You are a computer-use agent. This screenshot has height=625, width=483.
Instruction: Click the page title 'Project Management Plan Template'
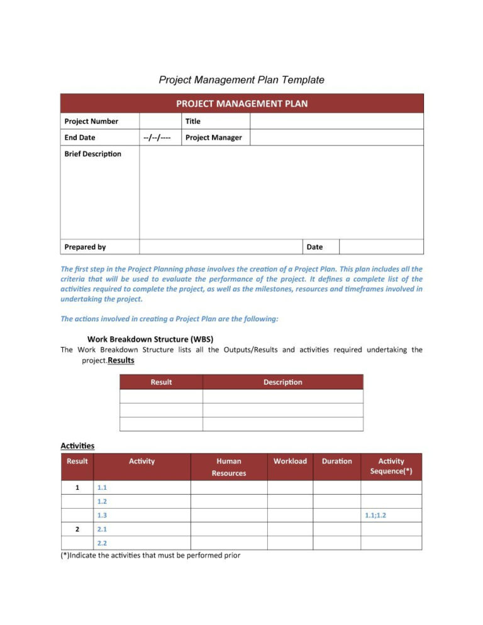point(241,80)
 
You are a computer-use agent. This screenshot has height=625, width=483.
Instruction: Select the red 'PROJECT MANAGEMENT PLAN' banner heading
point(241,103)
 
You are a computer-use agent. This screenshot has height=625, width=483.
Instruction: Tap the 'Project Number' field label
point(91,121)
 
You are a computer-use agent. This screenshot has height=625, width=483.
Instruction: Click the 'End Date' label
point(80,138)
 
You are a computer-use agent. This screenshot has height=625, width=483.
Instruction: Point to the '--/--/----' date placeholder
point(157,138)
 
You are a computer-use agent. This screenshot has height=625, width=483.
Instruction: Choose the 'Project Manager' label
point(213,138)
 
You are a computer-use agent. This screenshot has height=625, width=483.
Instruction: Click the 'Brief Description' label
point(92,154)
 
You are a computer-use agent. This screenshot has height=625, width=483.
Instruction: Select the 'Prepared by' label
point(85,247)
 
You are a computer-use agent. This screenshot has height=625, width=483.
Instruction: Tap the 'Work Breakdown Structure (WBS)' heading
point(154,338)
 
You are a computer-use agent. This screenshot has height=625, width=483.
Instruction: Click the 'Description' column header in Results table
point(282,382)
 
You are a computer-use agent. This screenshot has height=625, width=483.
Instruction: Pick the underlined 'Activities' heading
point(77,446)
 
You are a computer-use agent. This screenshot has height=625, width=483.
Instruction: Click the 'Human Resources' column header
point(229,467)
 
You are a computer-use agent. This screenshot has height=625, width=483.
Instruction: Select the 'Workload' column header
point(290,461)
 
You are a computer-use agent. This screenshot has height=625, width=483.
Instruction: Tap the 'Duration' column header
point(336,461)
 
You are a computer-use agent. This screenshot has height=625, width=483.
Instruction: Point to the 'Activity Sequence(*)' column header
point(391,466)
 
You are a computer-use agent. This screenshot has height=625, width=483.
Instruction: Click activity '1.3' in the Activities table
point(102,516)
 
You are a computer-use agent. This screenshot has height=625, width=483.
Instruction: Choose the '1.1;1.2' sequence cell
point(375,516)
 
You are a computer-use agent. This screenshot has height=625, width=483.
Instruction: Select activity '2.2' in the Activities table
point(102,543)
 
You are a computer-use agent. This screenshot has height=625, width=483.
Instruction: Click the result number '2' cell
point(77,529)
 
